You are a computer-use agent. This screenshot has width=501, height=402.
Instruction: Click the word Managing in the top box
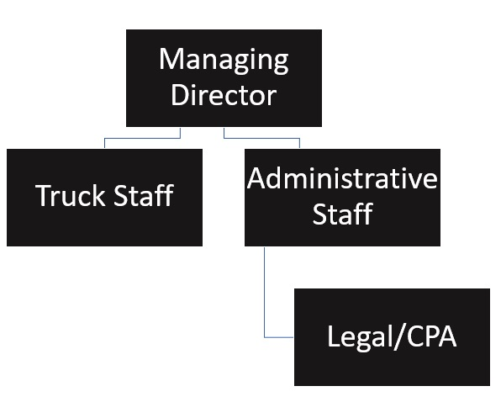pos(223,61)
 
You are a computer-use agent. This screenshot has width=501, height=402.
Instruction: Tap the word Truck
pos(70,196)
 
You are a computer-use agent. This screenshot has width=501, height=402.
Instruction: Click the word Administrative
pos(342,179)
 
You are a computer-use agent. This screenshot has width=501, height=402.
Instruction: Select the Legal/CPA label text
pos(391,337)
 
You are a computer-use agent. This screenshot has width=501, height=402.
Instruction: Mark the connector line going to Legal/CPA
pos(265,294)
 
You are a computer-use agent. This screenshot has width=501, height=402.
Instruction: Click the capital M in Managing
pos(170,61)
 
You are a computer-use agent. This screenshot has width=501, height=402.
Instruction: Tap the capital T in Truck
pos(43,196)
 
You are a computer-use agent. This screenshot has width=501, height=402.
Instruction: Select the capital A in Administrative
pos(256,179)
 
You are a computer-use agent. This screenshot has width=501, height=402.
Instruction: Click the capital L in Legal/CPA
pos(332,337)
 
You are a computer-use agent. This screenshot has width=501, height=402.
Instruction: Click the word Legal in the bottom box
pos(358,337)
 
